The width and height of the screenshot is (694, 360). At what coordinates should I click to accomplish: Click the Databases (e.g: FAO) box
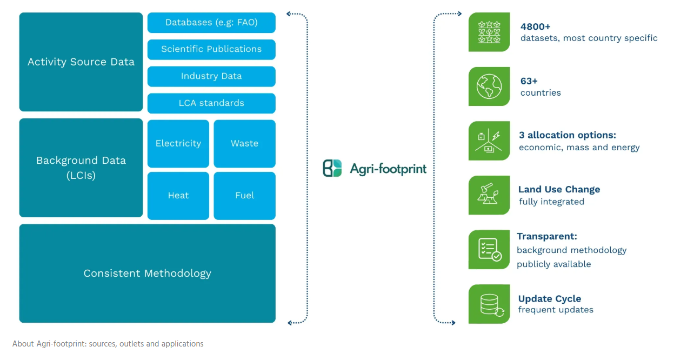(x=211, y=23)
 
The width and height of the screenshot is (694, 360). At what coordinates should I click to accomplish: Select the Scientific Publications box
(x=211, y=49)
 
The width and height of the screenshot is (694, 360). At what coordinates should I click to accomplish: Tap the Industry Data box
(x=211, y=76)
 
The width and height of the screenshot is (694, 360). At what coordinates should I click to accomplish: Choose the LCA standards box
(x=211, y=103)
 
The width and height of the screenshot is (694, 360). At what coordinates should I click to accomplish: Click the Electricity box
(x=178, y=143)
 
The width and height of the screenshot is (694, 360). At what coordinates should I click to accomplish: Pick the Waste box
(x=244, y=143)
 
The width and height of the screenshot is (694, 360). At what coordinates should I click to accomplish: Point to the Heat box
(x=178, y=196)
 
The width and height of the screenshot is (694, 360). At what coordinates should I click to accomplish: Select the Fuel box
(x=244, y=196)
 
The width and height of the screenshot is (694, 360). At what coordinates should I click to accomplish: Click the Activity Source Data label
(x=81, y=62)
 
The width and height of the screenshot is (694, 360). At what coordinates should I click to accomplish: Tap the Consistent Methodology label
(x=147, y=274)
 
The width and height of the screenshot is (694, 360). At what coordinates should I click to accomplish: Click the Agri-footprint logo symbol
(x=332, y=168)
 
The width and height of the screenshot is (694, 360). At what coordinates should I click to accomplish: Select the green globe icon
(x=489, y=86)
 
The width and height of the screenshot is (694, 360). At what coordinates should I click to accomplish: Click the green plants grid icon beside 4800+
(x=489, y=32)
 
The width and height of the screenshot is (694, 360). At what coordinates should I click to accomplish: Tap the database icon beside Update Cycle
(x=489, y=304)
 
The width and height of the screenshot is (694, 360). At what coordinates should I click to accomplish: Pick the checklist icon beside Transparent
(x=489, y=249)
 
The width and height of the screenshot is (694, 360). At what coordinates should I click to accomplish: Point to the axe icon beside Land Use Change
(x=489, y=195)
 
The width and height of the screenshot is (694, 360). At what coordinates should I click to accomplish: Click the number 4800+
(x=536, y=26)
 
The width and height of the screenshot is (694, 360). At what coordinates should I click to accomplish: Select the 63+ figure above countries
(x=529, y=81)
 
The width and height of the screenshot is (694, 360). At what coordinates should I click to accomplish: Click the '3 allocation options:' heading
(x=568, y=135)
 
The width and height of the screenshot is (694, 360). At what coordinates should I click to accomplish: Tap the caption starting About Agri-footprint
(x=108, y=344)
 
